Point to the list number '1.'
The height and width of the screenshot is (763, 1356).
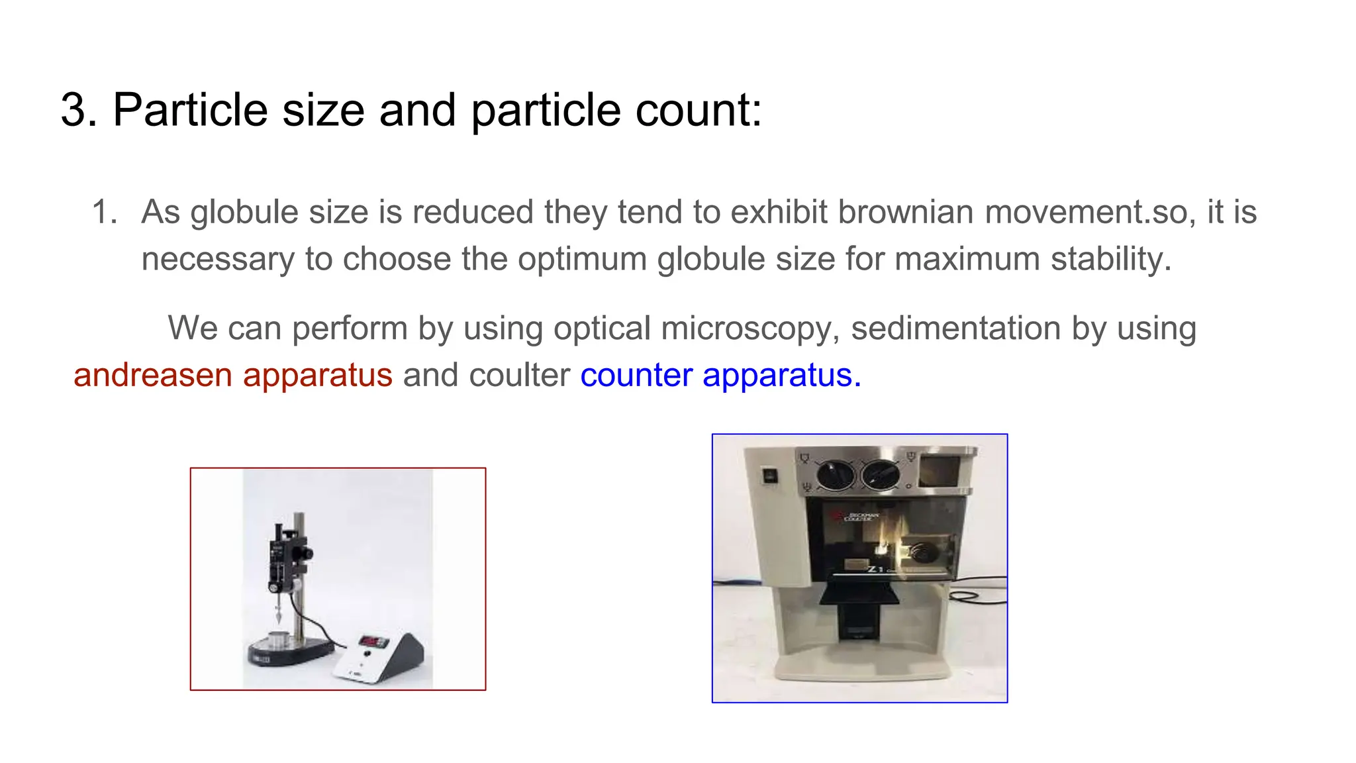[x=105, y=212]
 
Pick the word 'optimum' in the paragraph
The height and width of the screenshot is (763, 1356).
[x=582, y=258]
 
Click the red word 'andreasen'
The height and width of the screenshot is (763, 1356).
[x=152, y=375]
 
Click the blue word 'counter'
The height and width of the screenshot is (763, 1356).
[x=636, y=375]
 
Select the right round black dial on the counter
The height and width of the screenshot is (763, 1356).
[x=881, y=474]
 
